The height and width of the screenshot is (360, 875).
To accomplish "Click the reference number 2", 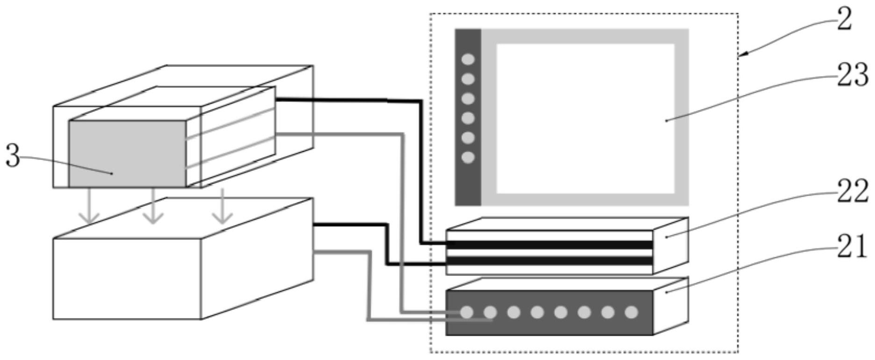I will [845, 20].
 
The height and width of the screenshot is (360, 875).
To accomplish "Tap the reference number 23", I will [852, 75].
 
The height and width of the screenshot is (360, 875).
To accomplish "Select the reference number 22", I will [852, 191].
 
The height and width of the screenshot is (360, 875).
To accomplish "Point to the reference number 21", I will [852, 246].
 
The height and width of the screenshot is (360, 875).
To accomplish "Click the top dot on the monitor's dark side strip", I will [468, 59].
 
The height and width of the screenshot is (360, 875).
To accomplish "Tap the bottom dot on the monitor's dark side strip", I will [468, 157].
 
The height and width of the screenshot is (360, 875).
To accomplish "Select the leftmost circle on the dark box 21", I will [467, 312].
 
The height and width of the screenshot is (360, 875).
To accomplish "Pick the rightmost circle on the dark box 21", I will [631, 312].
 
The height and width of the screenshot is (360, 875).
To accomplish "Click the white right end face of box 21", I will [671, 305].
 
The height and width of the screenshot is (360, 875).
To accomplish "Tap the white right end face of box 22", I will [671, 246].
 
